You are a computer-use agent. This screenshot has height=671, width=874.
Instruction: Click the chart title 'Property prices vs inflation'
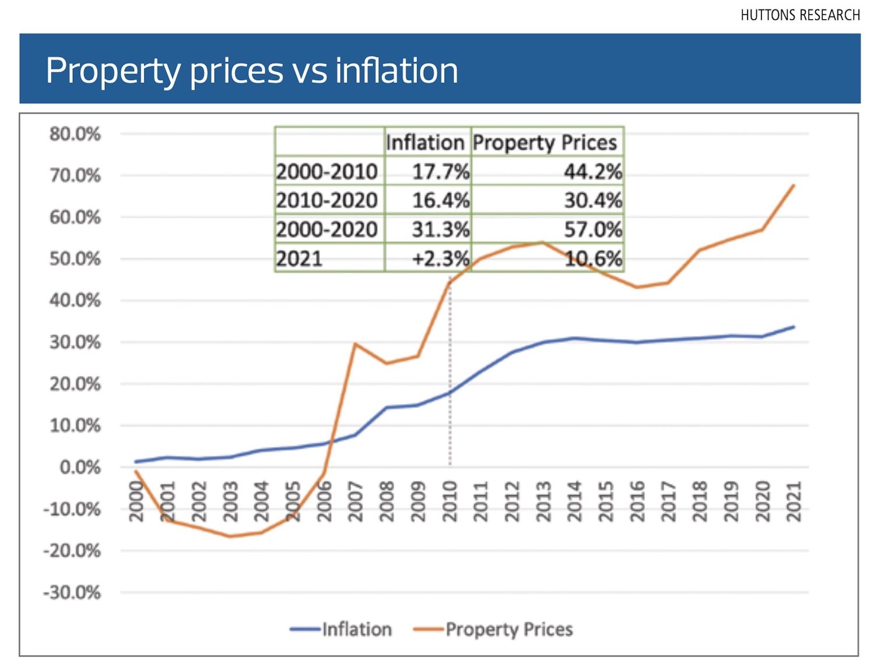pyautogui.click(x=252, y=70)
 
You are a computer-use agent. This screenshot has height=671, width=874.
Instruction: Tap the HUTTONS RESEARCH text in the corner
pyautogui.click(x=800, y=15)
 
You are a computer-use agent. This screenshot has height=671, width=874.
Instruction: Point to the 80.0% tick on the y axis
pyautogui.click(x=75, y=134)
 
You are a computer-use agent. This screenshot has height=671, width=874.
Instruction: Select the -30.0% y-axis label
pyautogui.click(x=72, y=593)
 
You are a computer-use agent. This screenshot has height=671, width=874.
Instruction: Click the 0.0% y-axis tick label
pyautogui.click(x=80, y=467)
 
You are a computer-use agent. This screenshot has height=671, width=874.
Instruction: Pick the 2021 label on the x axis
pyautogui.click(x=794, y=501)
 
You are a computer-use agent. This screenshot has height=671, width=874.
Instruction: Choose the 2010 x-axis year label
pyautogui.click(x=450, y=501)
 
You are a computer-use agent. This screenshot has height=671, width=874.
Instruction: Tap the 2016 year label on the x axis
pyautogui.click(x=637, y=501)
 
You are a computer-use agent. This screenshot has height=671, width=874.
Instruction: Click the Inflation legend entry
pyautogui.click(x=341, y=629)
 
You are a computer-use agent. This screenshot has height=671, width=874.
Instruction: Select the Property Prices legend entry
pyautogui.click(x=493, y=629)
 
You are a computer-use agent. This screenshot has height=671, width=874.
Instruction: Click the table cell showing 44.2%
pyautogui.click(x=592, y=172)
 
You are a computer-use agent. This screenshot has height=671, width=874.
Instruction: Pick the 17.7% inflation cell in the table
pyautogui.click(x=440, y=172)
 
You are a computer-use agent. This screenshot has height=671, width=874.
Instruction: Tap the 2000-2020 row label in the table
pyautogui.click(x=327, y=229)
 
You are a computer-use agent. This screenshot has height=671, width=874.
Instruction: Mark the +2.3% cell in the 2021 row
pyautogui.click(x=440, y=258)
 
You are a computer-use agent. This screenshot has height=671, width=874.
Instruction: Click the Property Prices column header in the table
pyautogui.click(x=545, y=143)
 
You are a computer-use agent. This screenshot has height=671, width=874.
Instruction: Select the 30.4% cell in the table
pyautogui.click(x=592, y=200)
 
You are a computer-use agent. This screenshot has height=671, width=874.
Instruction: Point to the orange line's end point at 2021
pyautogui.click(x=794, y=185)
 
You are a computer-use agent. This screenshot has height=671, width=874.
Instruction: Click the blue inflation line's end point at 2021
pyautogui.click(x=794, y=327)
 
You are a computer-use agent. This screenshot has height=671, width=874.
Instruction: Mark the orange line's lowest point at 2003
pyautogui.click(x=230, y=536)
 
